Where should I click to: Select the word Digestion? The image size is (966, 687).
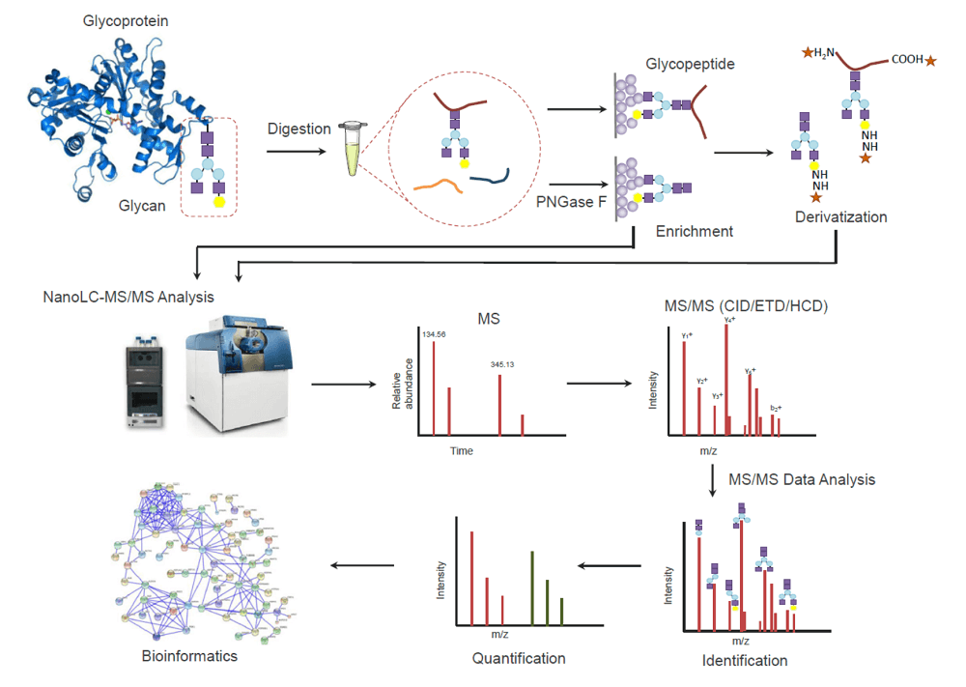(x=299, y=129)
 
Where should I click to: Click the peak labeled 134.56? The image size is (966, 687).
(x=434, y=386)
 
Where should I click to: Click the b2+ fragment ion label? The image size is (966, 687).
(x=776, y=407)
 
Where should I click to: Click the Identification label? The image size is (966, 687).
(x=744, y=661)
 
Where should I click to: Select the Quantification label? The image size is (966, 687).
(x=518, y=658)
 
